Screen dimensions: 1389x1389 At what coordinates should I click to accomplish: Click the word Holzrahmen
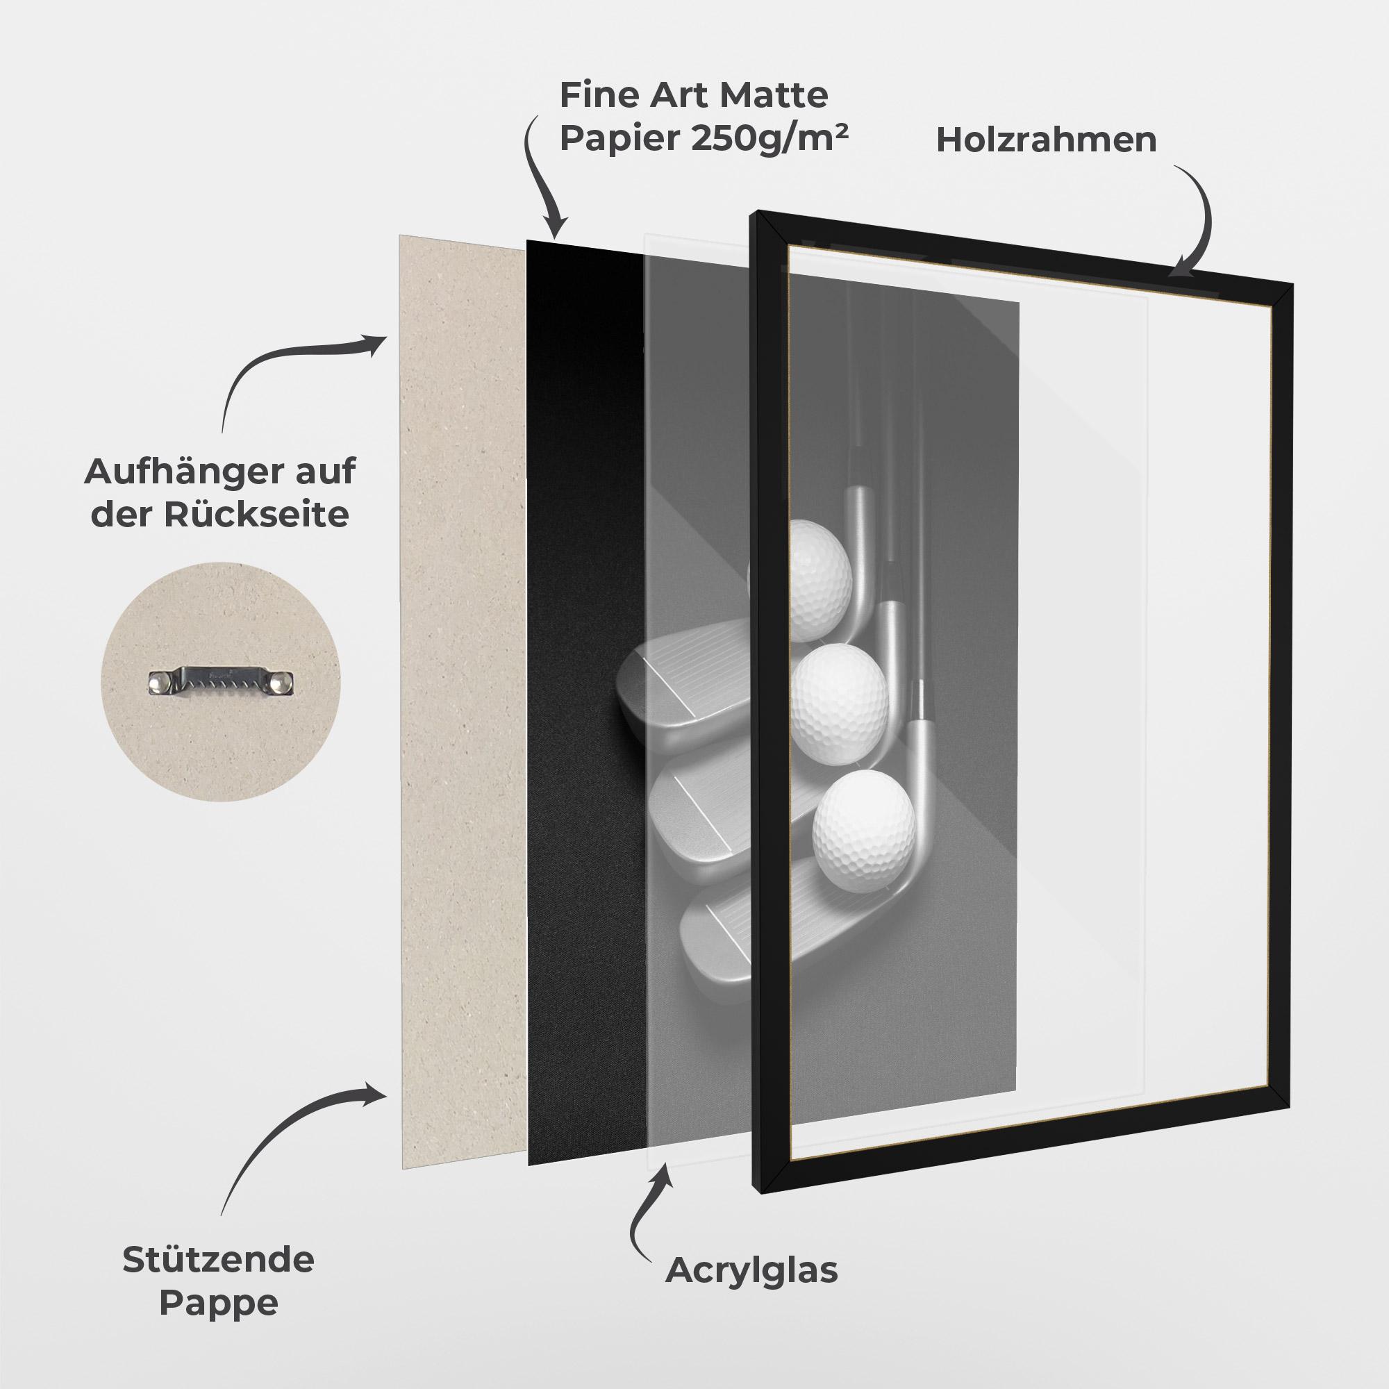[1046, 140]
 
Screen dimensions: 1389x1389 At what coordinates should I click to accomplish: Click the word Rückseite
[256, 515]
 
